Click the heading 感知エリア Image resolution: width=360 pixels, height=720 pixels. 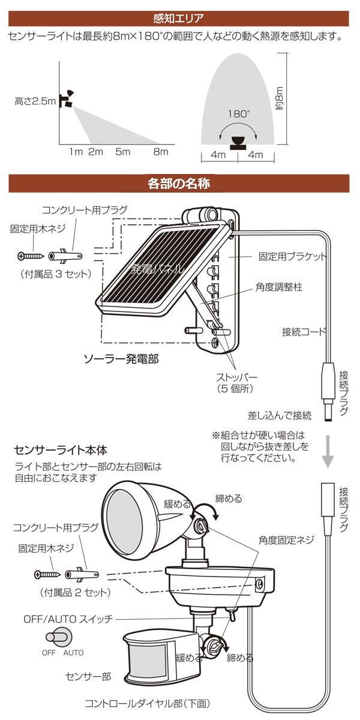(179, 17)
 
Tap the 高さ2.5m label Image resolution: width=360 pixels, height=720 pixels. (35, 102)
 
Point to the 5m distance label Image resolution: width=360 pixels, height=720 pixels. (122, 152)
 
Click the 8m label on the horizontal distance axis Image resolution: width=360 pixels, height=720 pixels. (160, 152)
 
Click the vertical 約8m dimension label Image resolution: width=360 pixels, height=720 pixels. (278, 98)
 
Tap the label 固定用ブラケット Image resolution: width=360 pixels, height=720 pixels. (292, 256)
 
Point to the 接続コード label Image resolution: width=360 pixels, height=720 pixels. (304, 331)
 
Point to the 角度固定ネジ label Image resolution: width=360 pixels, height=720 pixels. (286, 539)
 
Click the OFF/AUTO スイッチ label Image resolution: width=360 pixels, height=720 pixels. (68, 619)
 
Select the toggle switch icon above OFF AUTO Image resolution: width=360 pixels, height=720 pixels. (61, 637)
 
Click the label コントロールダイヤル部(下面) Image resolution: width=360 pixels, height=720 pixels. (147, 703)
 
